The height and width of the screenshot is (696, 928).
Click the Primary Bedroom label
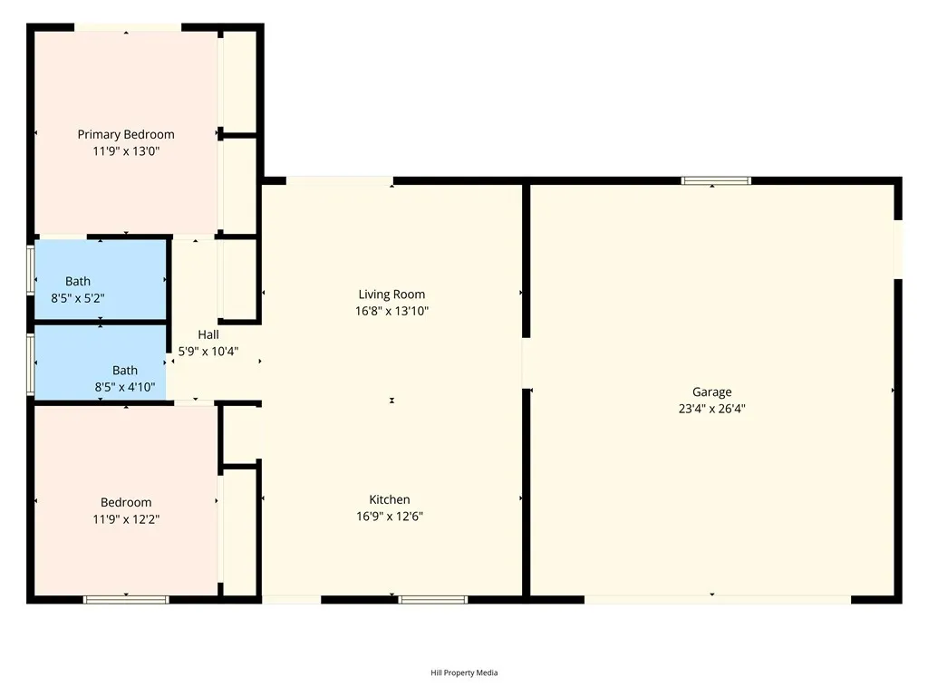click(126, 134)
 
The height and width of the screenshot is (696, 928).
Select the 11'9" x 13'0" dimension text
click(126, 151)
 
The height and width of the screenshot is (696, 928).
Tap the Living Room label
click(391, 294)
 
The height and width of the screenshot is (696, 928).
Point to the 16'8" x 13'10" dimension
click(391, 311)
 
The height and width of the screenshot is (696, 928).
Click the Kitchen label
click(390, 499)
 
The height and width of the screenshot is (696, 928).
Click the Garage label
click(712, 391)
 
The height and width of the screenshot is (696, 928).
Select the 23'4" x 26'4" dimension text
click(712, 409)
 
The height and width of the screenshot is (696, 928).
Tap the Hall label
click(208, 334)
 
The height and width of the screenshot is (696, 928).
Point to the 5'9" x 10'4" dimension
click(208, 352)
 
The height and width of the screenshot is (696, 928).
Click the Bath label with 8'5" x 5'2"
click(78, 281)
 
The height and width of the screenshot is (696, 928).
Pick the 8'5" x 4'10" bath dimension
click(125, 387)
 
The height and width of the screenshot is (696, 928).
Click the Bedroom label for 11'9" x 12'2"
click(126, 502)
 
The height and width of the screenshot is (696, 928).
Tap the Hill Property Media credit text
click(464, 672)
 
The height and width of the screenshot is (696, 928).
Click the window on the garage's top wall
click(716, 180)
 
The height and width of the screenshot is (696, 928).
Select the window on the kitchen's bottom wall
click(433, 599)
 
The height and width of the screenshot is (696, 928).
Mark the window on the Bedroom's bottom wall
click(126, 599)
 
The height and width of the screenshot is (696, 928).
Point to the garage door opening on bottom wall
click(717, 599)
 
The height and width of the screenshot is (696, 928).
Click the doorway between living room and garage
click(525, 363)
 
